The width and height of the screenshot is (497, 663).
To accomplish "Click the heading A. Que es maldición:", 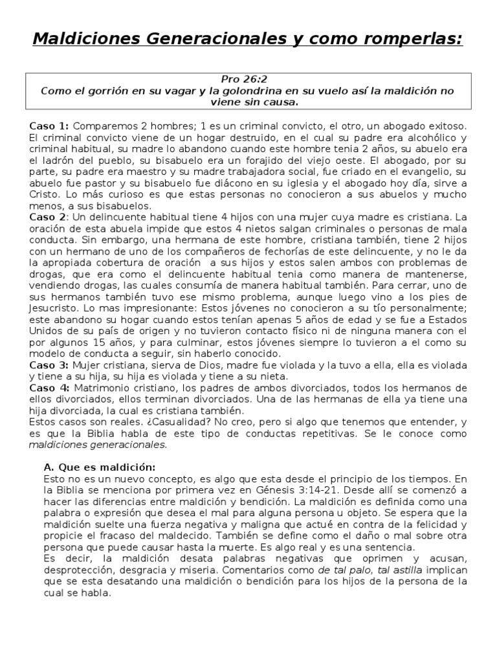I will tap(100, 467).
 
